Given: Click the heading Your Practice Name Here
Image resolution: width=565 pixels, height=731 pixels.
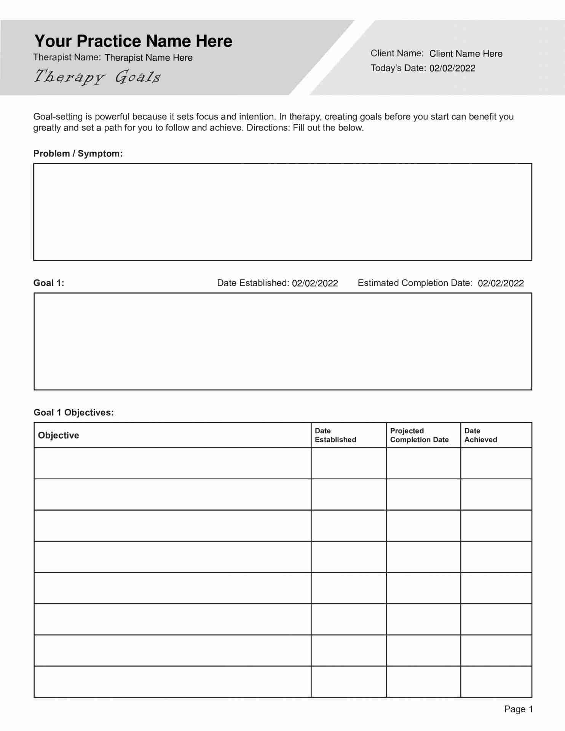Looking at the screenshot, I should point(133,41).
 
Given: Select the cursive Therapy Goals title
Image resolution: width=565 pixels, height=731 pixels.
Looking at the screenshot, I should point(97,77).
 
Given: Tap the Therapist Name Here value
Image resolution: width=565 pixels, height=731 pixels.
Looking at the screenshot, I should point(148,58).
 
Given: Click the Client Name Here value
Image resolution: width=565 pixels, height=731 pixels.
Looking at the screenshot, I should point(466,54).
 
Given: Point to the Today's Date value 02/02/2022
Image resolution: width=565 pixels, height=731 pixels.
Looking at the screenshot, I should point(452,69).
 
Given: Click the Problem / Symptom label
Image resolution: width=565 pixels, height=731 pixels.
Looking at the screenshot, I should point(78,154).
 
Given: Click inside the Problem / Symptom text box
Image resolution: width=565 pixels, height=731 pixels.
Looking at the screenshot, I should point(282,212).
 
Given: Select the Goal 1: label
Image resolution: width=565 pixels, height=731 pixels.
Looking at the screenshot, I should point(49,283).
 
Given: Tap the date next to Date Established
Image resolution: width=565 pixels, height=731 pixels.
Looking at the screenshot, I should point(315,283).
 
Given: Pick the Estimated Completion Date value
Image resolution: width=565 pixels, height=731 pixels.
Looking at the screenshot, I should point(501,283).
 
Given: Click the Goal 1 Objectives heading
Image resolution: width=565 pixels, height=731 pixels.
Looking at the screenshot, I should point(73,413).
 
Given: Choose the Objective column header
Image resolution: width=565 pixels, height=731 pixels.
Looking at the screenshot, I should point(59,436).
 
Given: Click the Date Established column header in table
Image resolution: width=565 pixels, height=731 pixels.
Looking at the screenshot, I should point(335,435).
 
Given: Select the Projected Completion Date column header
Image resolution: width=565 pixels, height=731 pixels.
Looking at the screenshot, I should point(419,435).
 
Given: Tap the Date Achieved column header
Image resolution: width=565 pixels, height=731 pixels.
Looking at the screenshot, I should point(480,435).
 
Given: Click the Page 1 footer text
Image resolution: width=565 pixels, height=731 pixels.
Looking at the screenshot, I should point(518,709).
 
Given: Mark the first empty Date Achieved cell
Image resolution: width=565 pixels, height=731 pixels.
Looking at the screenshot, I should point(496,463).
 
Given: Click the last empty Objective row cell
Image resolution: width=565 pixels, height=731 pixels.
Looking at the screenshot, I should point(172,682).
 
